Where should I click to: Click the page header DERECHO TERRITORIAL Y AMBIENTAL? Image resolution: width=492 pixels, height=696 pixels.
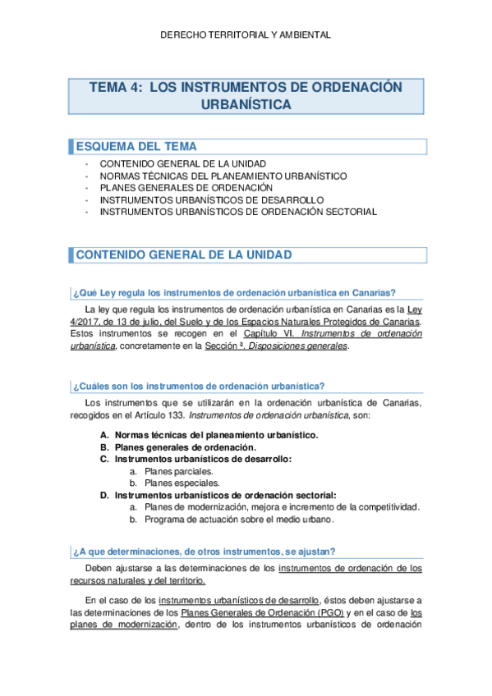tap(246, 35)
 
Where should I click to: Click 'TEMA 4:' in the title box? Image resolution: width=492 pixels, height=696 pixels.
tap(113, 88)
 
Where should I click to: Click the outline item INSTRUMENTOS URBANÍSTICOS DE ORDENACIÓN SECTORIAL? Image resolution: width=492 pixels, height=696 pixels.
tap(237, 212)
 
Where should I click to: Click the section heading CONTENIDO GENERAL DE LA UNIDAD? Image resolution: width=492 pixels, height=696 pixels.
tap(183, 255)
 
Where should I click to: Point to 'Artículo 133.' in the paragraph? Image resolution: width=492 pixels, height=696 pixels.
tap(227, 415)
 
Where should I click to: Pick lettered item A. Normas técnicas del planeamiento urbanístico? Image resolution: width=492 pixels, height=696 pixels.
tap(217, 434)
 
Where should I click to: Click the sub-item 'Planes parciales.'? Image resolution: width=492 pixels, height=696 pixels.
tap(178, 471)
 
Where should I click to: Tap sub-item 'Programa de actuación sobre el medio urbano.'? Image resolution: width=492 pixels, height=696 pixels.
tap(239, 520)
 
